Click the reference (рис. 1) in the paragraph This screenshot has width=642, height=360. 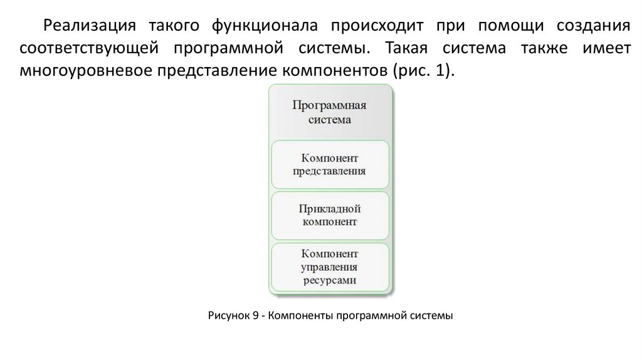(x=422, y=70)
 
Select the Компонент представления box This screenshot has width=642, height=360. (x=330, y=164)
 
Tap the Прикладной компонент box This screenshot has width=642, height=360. (x=330, y=214)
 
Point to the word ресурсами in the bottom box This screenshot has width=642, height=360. (x=330, y=281)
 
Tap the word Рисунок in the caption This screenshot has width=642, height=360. (x=228, y=315)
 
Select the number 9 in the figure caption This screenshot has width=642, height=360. (x=256, y=315)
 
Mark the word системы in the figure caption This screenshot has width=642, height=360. (x=431, y=315)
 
